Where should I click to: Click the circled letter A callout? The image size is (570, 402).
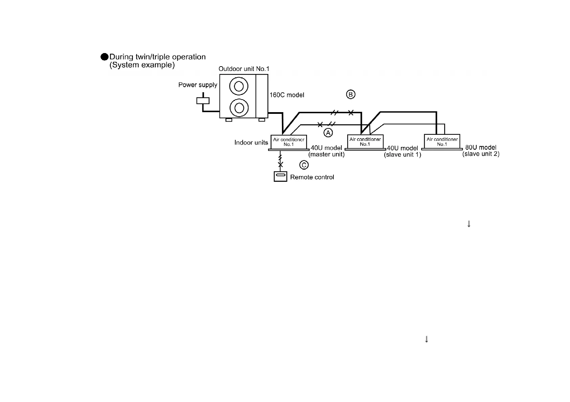(x=328, y=133)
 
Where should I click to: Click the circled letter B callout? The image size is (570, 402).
(x=350, y=94)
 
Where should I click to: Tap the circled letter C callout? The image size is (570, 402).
(x=304, y=165)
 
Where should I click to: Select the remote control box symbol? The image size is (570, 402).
(x=280, y=177)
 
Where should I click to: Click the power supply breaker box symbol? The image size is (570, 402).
(x=203, y=101)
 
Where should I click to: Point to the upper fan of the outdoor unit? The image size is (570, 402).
(x=239, y=86)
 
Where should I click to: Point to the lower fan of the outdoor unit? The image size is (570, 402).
(x=239, y=108)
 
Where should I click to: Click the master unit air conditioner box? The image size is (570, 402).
(x=288, y=142)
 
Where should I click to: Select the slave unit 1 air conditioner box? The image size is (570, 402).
(x=365, y=142)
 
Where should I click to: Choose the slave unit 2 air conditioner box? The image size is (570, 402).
(x=442, y=141)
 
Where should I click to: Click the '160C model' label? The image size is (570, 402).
(x=287, y=95)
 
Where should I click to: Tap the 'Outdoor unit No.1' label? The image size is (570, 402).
(x=244, y=69)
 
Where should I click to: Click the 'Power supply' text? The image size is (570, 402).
(x=198, y=85)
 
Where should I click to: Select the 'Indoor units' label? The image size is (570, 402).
(x=251, y=143)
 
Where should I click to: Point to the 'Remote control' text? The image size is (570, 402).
(x=312, y=177)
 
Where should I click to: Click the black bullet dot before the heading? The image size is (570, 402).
(x=105, y=57)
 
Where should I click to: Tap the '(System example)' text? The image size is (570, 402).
(x=142, y=65)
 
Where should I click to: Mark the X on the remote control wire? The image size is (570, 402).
(x=280, y=165)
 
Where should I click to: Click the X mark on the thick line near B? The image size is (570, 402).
(x=351, y=112)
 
